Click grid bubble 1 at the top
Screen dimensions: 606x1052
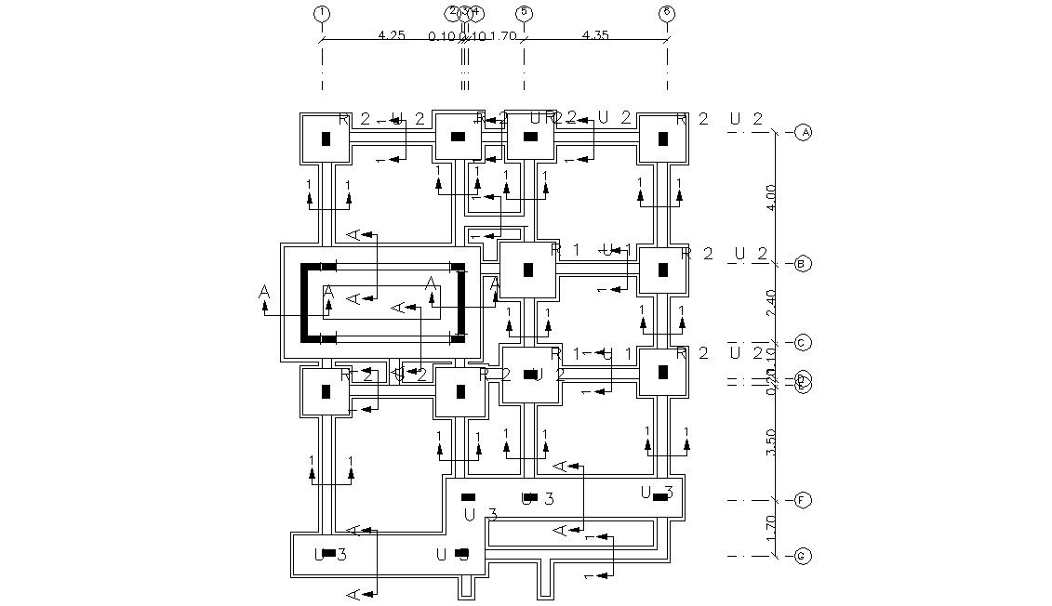322,12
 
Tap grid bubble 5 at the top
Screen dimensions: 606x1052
524,12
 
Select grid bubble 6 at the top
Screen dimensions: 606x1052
667,12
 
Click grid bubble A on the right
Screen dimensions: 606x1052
804,132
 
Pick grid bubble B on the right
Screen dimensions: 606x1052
804,264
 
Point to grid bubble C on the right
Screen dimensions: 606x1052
804,343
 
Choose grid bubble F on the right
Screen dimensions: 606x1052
804,501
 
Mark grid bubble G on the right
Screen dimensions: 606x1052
804,557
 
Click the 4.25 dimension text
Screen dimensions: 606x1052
392,34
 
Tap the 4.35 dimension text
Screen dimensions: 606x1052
595,34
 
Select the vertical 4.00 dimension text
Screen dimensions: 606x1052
771,197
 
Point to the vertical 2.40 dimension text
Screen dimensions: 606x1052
771,303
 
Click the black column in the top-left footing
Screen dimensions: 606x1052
326,138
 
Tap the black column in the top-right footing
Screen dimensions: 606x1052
663,138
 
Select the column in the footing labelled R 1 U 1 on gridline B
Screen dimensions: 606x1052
528,270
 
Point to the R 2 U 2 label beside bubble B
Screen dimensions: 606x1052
725,254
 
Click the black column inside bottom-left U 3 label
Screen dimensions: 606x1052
328,553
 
